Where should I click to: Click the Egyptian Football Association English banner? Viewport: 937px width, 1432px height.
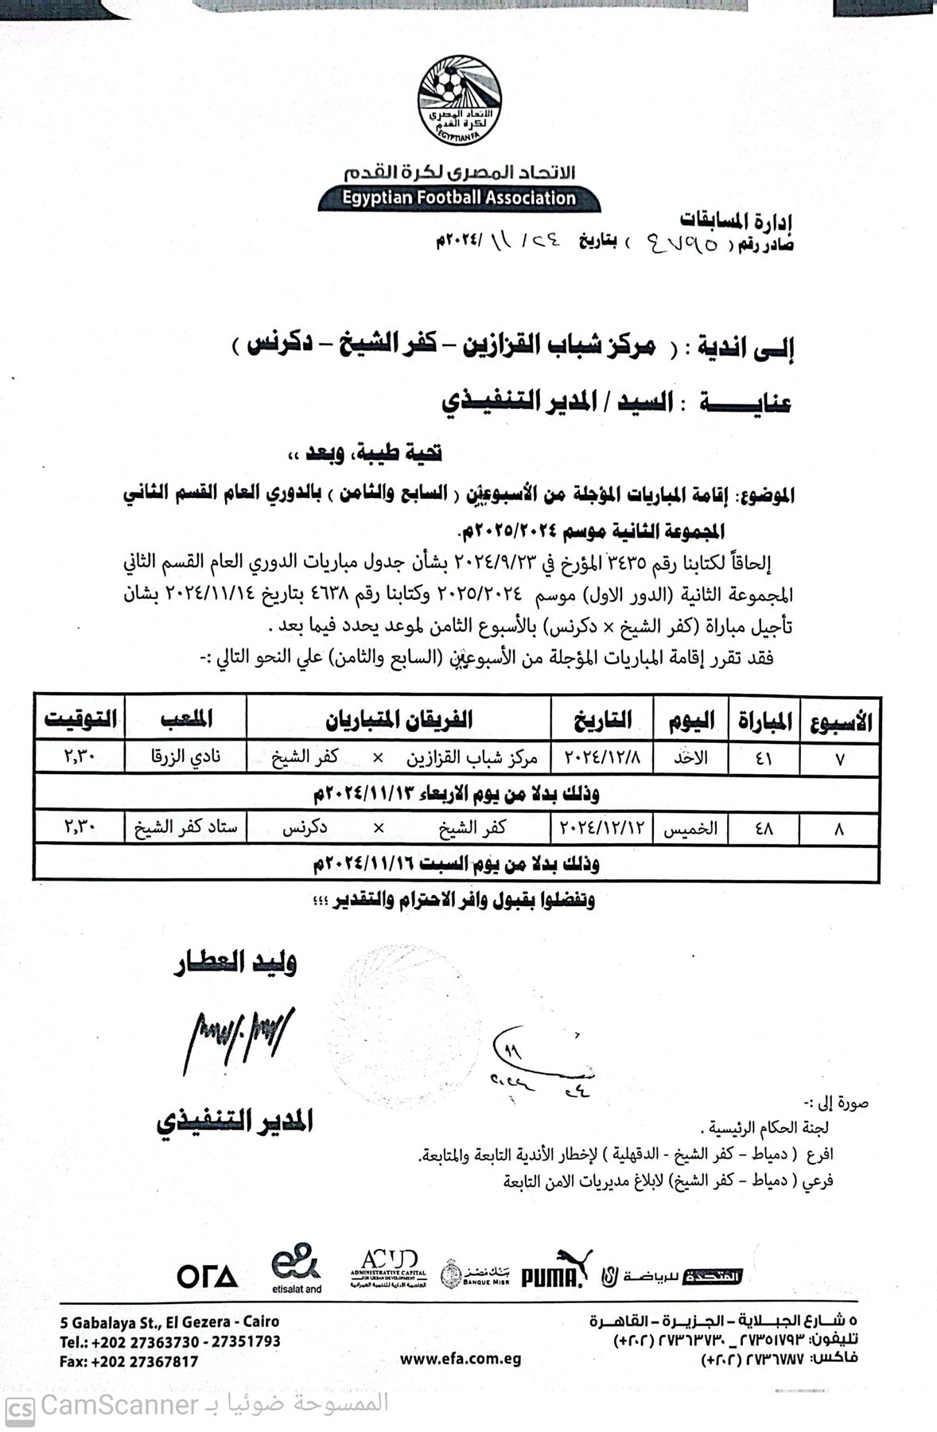(x=458, y=198)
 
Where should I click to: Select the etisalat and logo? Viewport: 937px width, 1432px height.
(x=295, y=1268)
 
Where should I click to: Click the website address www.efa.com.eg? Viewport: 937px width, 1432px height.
(x=461, y=1358)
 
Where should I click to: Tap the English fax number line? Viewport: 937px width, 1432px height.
(x=129, y=1361)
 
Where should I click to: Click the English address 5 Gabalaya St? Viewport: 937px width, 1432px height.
(x=169, y=1322)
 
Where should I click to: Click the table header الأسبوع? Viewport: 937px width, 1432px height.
(x=840, y=722)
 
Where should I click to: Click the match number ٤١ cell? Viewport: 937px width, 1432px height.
(x=764, y=758)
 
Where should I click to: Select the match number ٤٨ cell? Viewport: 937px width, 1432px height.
(x=764, y=829)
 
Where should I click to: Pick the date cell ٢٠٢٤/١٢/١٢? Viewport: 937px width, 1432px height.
(x=601, y=829)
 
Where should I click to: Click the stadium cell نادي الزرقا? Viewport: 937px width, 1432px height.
(x=185, y=757)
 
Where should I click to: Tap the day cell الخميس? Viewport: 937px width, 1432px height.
(x=690, y=829)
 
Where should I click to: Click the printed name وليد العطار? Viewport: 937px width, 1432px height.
(x=235, y=964)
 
